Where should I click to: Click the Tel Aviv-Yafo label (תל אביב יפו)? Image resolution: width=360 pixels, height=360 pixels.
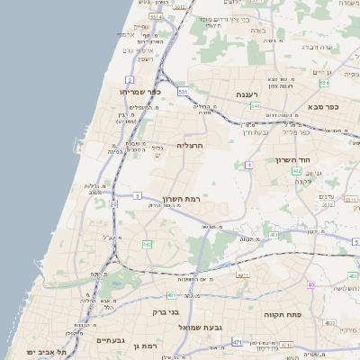coord(41,351)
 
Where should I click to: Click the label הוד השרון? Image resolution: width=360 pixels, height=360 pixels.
coord(292,159)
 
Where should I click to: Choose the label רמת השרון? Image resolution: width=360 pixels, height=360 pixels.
coord(180,198)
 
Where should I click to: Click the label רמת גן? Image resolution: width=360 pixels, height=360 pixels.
coord(143,346)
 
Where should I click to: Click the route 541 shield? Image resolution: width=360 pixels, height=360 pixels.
coord(256,106)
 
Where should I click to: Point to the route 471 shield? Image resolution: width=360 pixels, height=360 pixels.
coord(238,342)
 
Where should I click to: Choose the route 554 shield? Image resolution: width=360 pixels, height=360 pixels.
coord(323,83)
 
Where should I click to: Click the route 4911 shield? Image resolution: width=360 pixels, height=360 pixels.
coord(242,275)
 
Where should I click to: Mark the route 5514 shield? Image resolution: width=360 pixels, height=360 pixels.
coord(155,16)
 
